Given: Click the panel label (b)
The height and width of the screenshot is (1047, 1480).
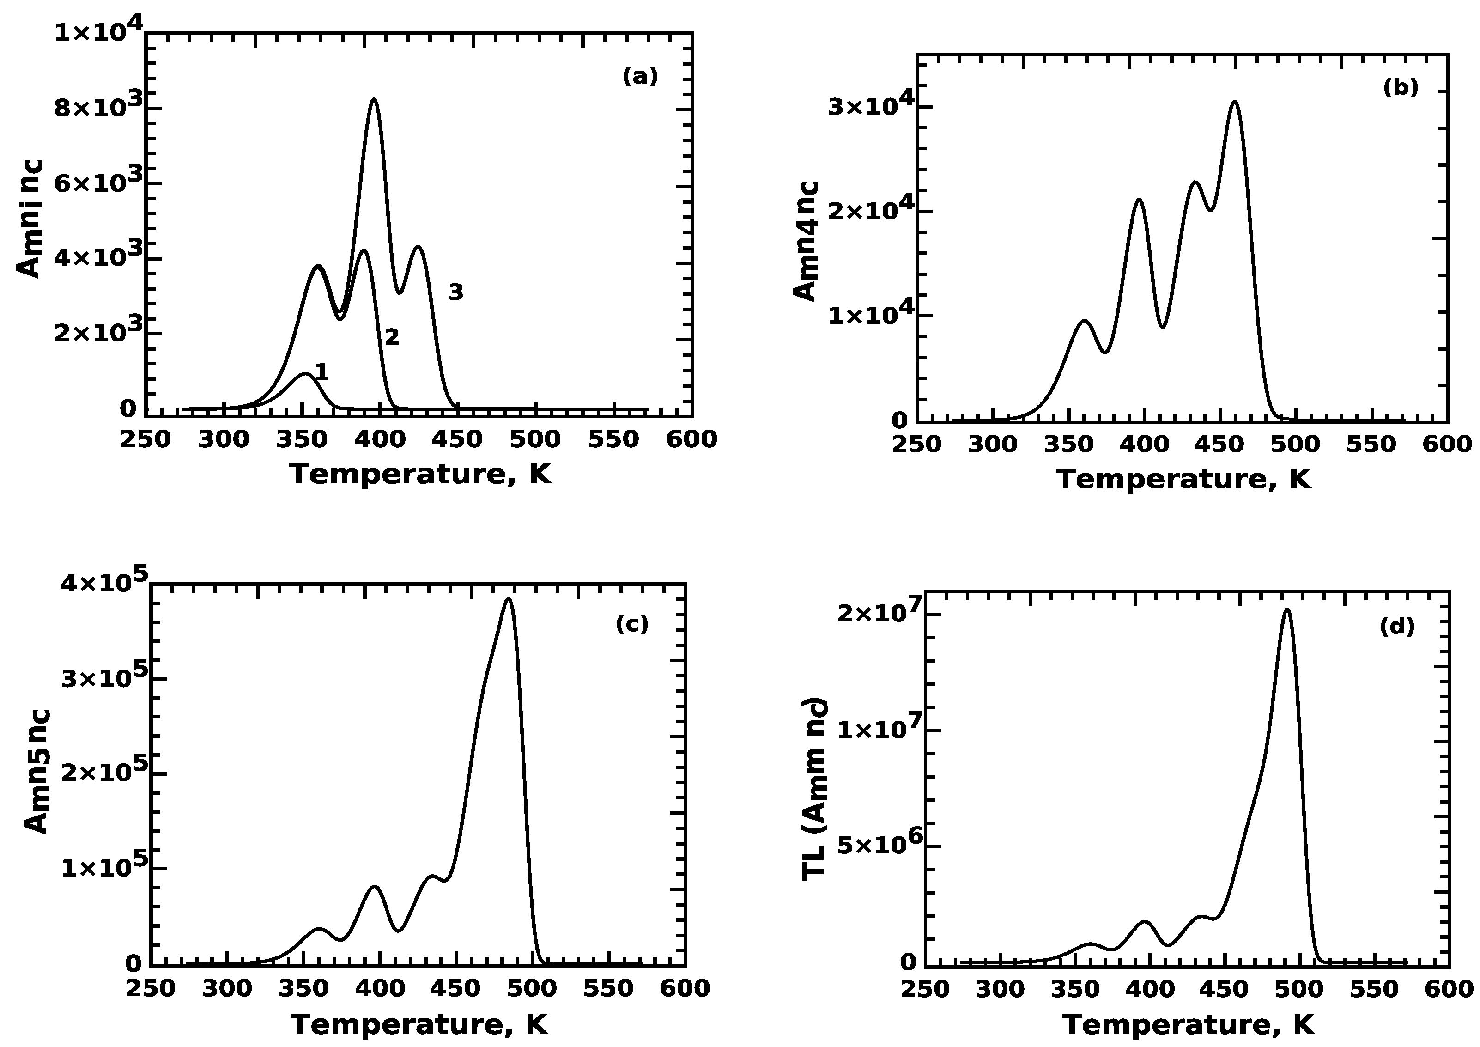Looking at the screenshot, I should (x=1401, y=87).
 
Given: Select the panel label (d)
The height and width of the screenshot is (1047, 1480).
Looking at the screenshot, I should (x=1397, y=626).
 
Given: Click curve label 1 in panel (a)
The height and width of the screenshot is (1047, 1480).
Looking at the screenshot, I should (x=321, y=371).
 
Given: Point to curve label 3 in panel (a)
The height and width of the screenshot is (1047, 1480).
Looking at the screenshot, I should (x=456, y=292).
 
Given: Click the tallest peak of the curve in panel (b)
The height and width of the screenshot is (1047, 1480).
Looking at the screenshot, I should (x=1234, y=102).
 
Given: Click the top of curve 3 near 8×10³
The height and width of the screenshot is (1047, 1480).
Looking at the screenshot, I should (x=374, y=99).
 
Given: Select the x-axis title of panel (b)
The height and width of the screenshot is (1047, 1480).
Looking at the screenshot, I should (x=1183, y=480).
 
